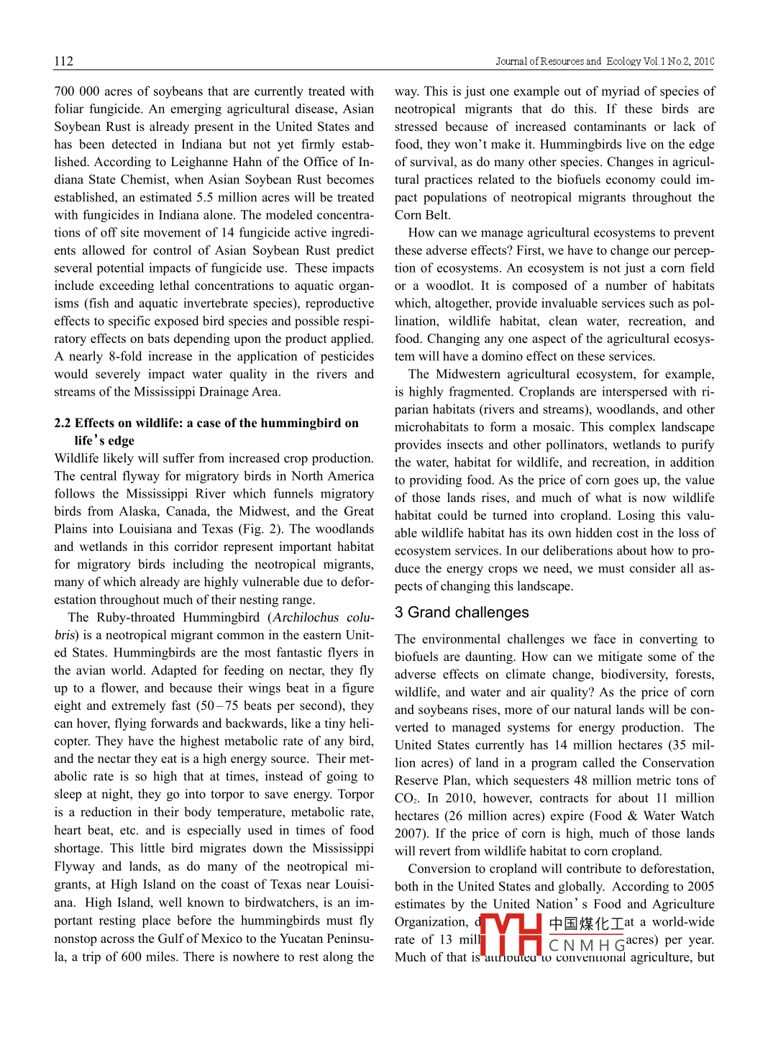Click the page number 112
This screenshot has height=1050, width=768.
click(63, 61)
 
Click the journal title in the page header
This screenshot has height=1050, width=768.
click(604, 61)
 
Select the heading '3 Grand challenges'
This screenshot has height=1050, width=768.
click(461, 612)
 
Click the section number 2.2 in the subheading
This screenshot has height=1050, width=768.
click(63, 423)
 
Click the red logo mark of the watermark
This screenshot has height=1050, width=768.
click(511, 935)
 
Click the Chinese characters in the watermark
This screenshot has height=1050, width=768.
click(586, 923)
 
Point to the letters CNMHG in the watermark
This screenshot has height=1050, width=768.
click(586, 945)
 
